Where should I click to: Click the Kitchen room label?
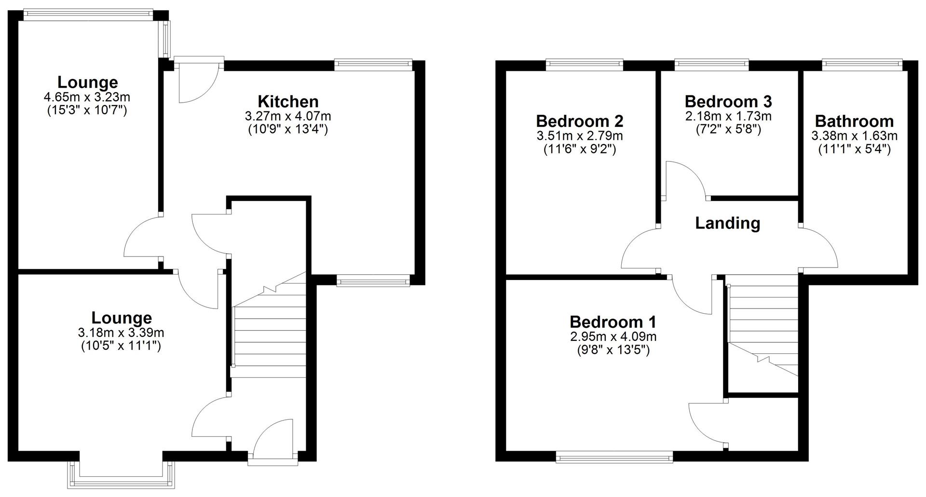point(288,102)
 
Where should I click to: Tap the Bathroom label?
point(854,121)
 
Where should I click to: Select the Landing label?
point(727,223)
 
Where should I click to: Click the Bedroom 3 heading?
point(728,102)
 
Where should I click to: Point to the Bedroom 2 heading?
point(579,121)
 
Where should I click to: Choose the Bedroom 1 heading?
point(613,322)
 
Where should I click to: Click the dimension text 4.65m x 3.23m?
point(87,97)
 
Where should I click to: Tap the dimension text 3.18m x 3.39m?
point(121,333)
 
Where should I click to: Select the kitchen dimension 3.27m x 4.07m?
point(288,116)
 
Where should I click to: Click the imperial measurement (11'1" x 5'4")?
point(854,149)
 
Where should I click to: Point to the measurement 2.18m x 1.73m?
point(728,116)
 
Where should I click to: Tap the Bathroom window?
point(862,64)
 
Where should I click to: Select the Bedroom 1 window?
point(614,457)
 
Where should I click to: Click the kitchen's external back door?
point(198,80)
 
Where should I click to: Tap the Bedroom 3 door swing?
point(685,181)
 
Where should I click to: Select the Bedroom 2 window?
point(585,64)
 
